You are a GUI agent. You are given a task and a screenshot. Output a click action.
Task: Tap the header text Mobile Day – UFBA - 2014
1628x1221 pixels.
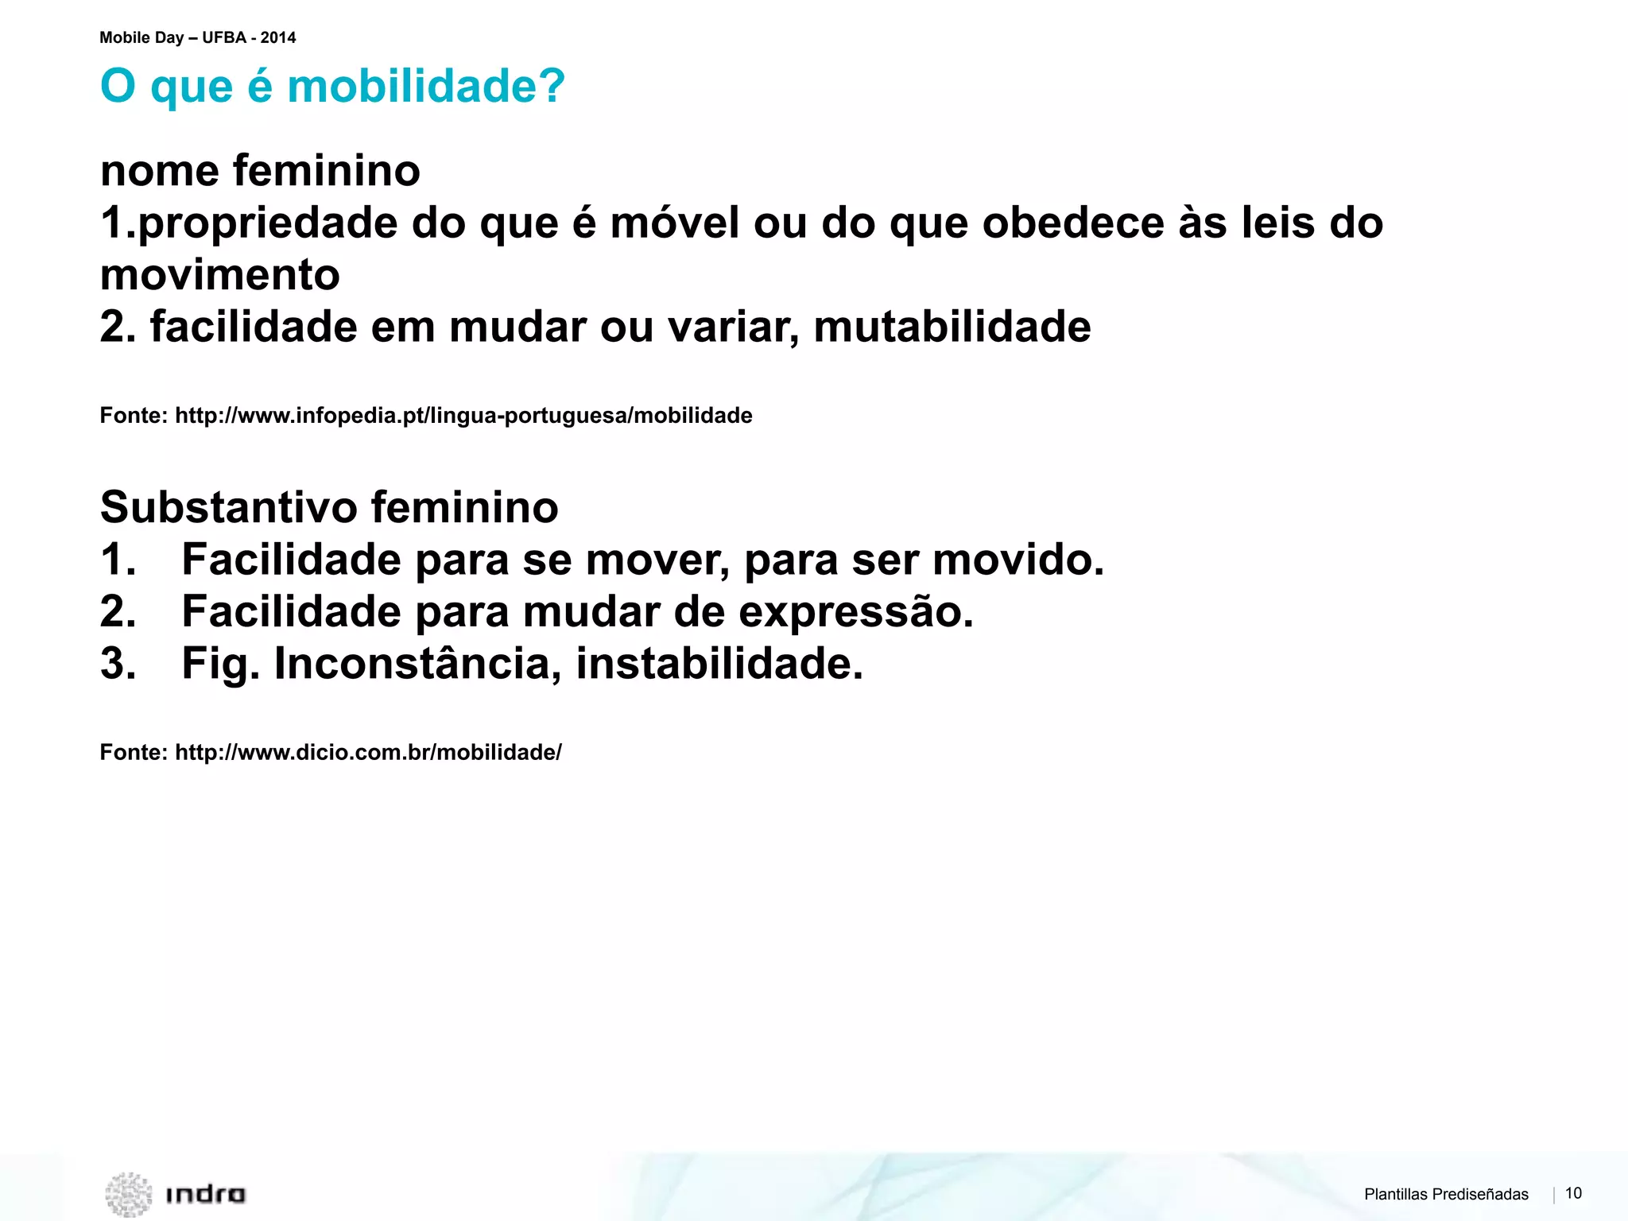tap(197, 37)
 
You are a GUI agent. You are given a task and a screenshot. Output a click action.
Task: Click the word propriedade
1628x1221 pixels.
tap(267, 223)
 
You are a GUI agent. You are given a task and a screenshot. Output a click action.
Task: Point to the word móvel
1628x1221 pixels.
tap(675, 223)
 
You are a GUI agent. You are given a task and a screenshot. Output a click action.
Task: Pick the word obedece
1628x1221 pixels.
tap(1072, 223)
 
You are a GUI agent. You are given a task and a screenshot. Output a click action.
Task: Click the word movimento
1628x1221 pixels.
tap(220, 275)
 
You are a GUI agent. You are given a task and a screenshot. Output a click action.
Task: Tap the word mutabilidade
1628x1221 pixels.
tap(952, 327)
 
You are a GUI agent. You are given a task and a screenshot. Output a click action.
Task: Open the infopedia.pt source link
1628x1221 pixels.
tap(463, 416)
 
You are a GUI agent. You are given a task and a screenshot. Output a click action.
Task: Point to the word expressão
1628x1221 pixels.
tap(855, 611)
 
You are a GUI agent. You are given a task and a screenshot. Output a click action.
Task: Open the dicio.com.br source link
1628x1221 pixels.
tap(368, 753)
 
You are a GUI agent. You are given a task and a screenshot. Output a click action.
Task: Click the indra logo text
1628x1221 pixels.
tap(205, 1194)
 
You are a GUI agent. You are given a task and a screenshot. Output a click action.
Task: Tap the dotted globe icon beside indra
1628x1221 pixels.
tap(128, 1194)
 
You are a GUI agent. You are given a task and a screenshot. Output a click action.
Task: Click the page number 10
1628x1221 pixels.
tap(1573, 1193)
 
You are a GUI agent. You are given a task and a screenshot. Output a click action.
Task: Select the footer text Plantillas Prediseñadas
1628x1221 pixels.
tap(1446, 1194)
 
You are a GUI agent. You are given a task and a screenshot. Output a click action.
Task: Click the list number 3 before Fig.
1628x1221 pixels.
tap(117, 664)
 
